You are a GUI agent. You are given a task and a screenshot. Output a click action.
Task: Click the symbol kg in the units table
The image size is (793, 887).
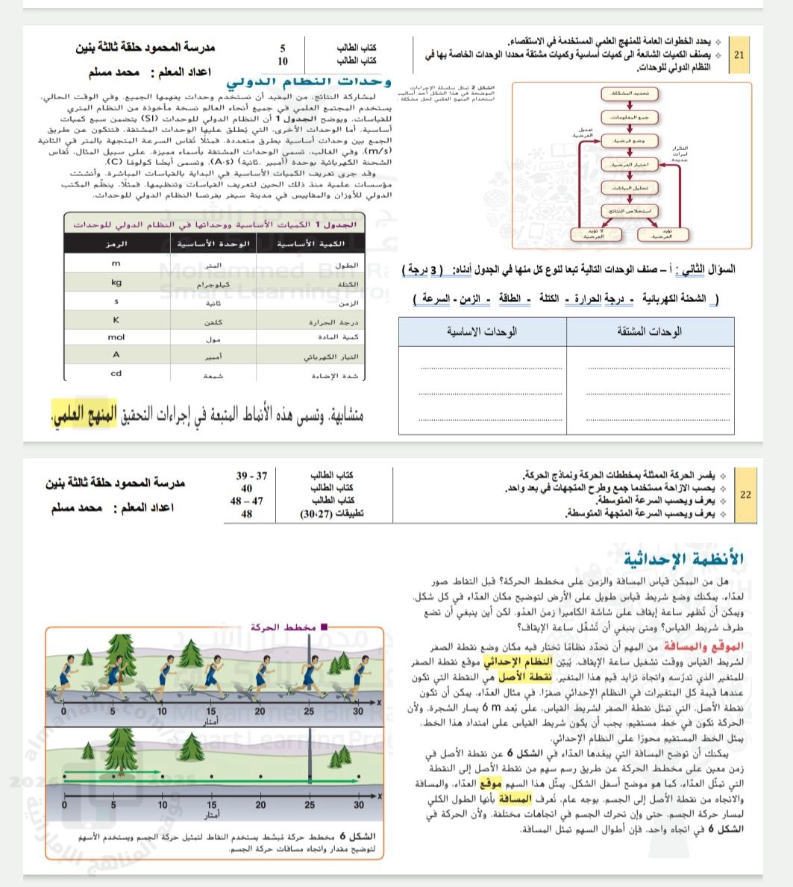tap(116, 283)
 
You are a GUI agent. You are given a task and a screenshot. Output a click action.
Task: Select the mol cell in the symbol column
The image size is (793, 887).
tap(116, 337)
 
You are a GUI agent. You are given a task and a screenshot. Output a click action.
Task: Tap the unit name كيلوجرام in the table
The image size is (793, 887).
tap(213, 285)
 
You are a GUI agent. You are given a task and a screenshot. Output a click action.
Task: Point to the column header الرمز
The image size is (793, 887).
tap(116, 244)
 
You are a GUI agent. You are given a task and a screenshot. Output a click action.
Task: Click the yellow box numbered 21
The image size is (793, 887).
tap(739, 55)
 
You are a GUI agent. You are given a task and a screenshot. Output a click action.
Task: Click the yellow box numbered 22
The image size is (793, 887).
tap(745, 494)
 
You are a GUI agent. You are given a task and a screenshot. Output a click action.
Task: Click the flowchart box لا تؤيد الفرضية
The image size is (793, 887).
tap(596, 234)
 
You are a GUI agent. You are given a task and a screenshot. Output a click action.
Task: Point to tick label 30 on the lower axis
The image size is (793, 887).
tap(359, 806)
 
